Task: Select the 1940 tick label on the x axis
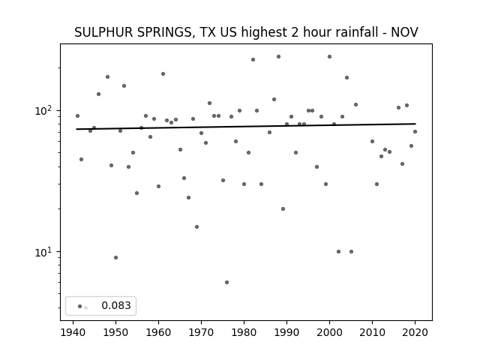73,332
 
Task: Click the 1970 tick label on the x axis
202,332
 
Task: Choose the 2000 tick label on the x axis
330,332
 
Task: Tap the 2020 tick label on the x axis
415,332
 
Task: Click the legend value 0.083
116,305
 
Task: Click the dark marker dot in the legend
80,306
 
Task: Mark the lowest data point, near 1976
226,282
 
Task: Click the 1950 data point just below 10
115,257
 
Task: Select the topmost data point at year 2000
330,57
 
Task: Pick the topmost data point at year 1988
278,57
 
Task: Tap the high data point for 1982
253,60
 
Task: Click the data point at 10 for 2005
352,252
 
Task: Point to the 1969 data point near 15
196,226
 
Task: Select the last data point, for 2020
415,132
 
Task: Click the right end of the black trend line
415,124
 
